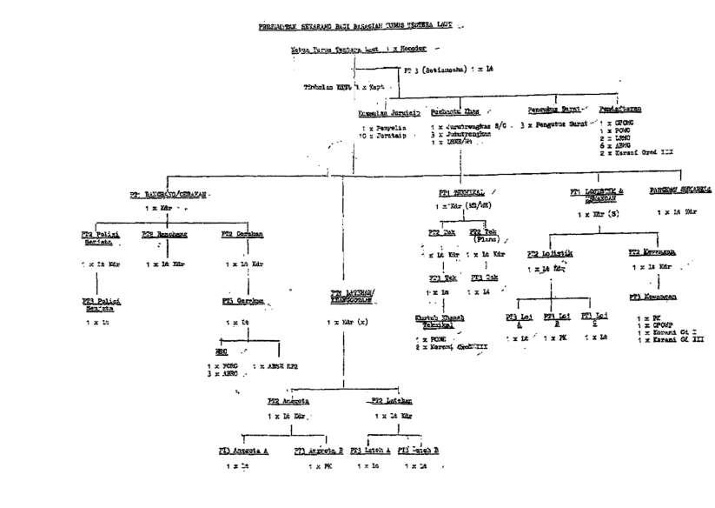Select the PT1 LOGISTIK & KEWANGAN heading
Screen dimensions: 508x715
click(x=597, y=194)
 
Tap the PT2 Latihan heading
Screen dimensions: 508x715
click(x=391, y=401)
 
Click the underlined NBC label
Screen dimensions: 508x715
click(x=222, y=352)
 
